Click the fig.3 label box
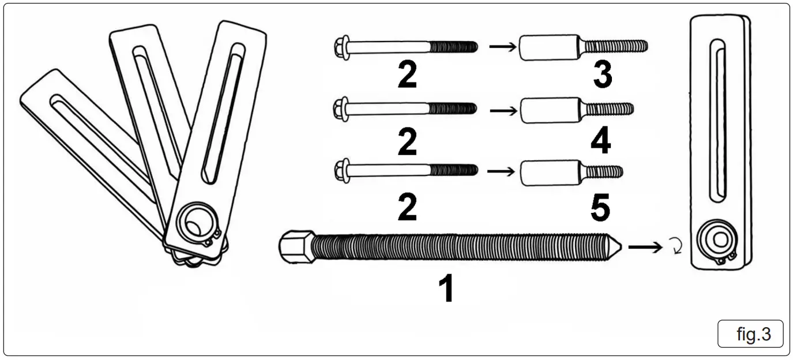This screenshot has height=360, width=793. (x=750, y=334)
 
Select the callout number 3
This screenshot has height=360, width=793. (x=602, y=76)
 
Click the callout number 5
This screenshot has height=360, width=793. (x=600, y=207)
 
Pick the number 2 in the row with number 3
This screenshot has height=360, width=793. (x=407, y=76)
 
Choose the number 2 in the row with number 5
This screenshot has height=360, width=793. (x=407, y=207)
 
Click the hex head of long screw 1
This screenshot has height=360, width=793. (x=296, y=246)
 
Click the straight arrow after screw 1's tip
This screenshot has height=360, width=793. (x=645, y=247)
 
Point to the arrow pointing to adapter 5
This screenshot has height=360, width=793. (x=501, y=171)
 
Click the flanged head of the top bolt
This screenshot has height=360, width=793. (x=341, y=47)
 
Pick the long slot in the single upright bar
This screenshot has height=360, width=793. (x=717, y=121)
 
